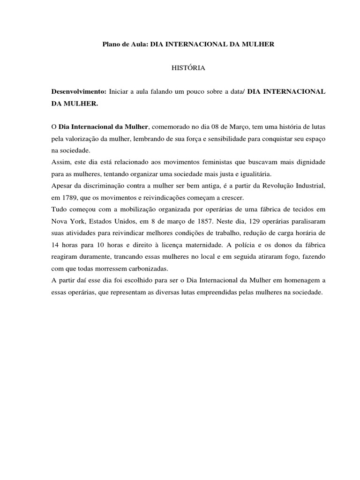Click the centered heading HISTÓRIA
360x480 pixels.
tap(188, 68)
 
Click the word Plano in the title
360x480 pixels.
tap(111, 45)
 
